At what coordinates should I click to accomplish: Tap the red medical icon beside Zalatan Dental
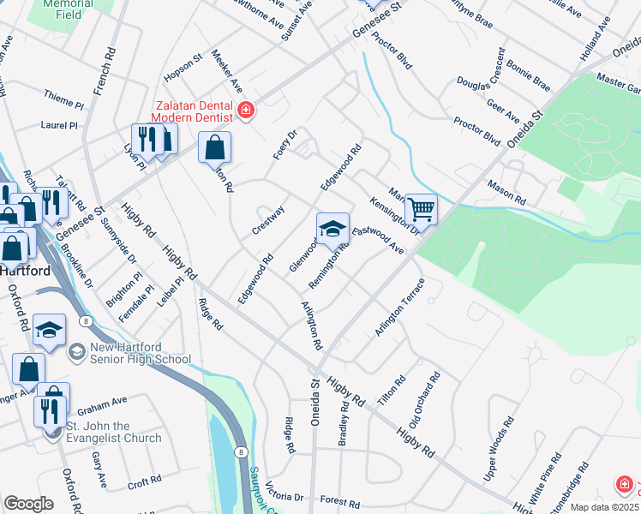(246, 110)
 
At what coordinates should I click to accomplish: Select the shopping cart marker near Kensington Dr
(421, 208)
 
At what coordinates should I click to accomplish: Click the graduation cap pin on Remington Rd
(332, 228)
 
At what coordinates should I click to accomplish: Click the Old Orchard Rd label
(424, 400)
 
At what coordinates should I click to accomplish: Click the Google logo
(28, 503)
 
